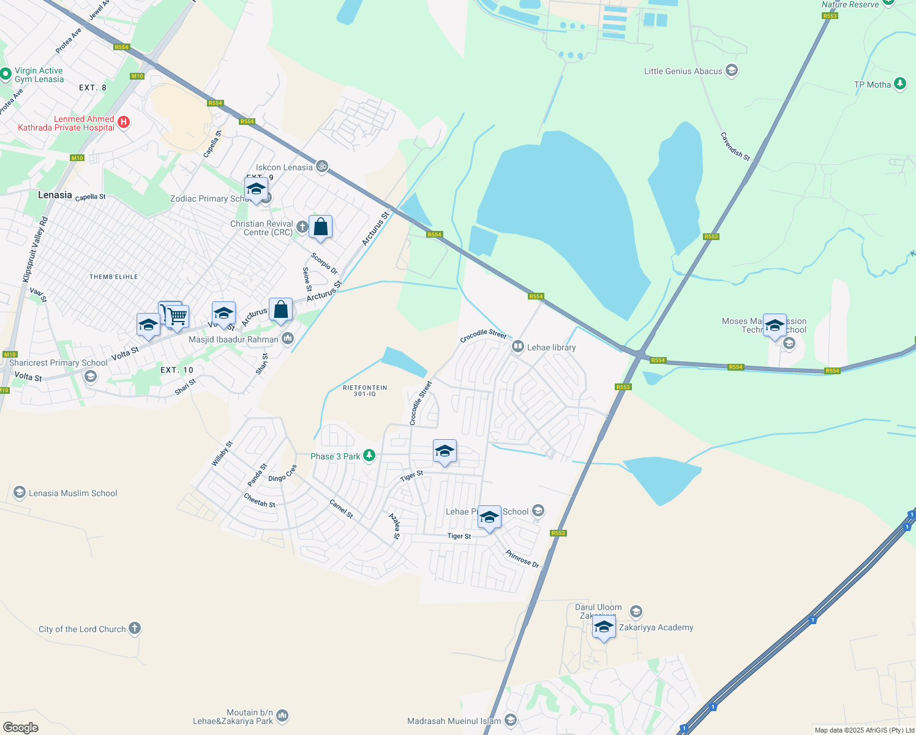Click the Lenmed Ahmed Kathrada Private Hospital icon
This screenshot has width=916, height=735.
pos(124,123)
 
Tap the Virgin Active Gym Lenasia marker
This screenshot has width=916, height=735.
pos(6,75)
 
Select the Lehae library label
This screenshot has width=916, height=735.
pos(551,347)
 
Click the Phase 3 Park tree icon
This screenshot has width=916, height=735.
pos(369,456)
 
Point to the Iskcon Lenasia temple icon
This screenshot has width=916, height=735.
pos(322,167)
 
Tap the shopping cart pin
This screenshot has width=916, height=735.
pos(177,317)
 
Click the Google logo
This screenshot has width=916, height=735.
pos(21,728)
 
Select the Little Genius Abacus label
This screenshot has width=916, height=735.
pos(683,71)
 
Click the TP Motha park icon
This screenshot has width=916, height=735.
pos(899,84)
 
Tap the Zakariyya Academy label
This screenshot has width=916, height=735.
pos(656,627)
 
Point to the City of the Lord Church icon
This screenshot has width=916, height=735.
pos(135,628)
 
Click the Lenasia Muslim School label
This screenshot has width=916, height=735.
pos(73,493)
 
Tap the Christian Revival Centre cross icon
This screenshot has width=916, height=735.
pos(302,227)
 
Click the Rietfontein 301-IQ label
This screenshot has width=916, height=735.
pos(364,391)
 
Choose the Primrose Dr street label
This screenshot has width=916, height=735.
pos(522,559)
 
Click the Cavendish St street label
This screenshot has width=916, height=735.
pos(735,147)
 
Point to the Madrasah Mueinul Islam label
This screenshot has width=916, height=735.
pos(454,721)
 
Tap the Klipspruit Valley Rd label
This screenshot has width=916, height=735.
pos(35,249)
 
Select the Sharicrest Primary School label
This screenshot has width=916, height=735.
pos(58,363)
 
